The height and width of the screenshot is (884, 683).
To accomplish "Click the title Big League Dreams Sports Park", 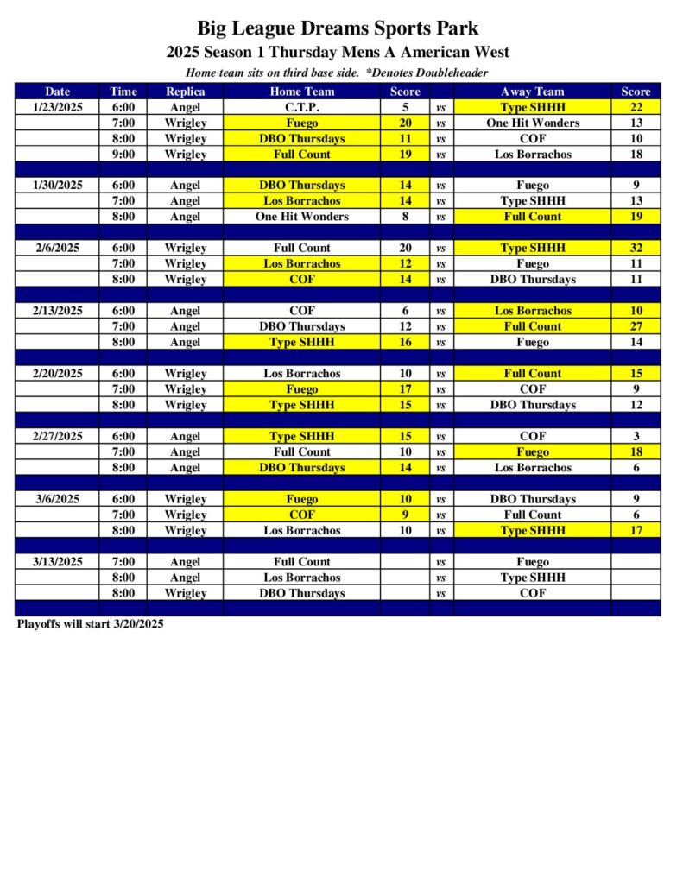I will (338, 29).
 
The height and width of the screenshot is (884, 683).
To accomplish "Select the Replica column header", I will (185, 92).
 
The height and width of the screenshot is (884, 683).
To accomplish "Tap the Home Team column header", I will (301, 92).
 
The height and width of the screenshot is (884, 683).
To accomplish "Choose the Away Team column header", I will (532, 92).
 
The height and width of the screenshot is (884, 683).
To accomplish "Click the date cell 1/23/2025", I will (58, 107).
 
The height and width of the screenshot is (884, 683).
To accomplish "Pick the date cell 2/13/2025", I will (58, 311).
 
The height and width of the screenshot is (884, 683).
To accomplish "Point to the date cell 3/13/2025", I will (58, 562).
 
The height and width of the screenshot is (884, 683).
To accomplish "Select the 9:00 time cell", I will (123, 155).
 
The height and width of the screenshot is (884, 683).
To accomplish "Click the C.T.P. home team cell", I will (301, 107).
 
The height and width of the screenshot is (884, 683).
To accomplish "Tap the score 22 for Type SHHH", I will (636, 107).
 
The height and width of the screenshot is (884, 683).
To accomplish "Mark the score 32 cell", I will (636, 248).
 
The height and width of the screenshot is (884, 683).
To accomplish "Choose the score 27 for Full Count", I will (636, 326).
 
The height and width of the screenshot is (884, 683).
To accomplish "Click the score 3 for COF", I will (636, 436).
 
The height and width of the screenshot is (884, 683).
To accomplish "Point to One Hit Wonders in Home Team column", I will (301, 217).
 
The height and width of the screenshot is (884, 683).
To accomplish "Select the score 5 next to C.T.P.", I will (405, 107).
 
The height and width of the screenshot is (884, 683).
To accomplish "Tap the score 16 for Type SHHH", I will (405, 342).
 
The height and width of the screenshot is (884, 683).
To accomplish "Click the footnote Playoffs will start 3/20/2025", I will (91, 624).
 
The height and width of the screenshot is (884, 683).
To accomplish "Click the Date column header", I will (58, 92).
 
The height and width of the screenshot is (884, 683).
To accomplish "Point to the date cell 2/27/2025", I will (58, 436).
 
